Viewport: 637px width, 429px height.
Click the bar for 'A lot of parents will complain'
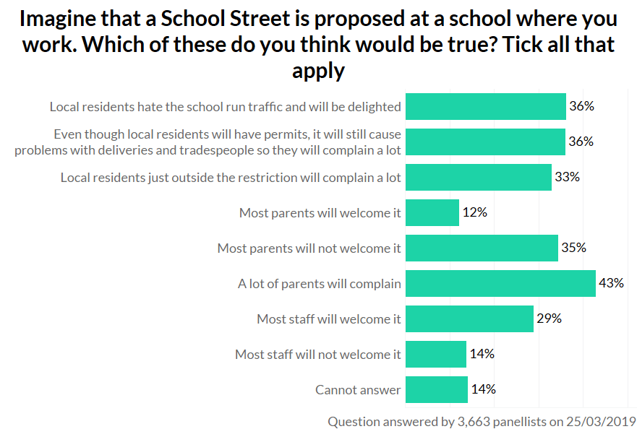pyautogui.click(x=500, y=284)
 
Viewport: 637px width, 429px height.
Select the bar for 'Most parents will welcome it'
pyautogui.click(x=432, y=213)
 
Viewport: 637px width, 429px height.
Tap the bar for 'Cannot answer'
pyautogui.click(x=437, y=390)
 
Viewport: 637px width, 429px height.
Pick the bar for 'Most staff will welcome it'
pyautogui.click(x=469, y=319)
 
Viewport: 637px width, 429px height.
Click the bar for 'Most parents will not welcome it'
pyautogui.click(x=482, y=248)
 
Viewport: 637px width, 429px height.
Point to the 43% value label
pyautogui.click(x=611, y=283)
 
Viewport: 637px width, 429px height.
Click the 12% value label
pyautogui.click(x=475, y=213)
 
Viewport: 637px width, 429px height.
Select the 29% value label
pyautogui.click(x=550, y=318)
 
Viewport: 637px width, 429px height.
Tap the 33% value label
pyautogui.click(x=568, y=177)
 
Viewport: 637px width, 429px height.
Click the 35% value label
pyautogui.click(x=574, y=248)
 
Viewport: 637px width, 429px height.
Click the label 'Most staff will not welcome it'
pyautogui.click(x=317, y=355)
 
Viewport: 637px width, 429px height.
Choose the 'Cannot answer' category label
pyautogui.click(x=358, y=390)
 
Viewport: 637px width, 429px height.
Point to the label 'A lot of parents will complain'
pyautogui.click(x=320, y=284)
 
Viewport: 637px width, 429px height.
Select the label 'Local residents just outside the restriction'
pyautogui.click(x=231, y=178)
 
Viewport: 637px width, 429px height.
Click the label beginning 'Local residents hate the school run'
pyautogui.click(x=225, y=107)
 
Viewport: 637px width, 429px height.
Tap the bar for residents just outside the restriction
pyautogui.click(x=479, y=178)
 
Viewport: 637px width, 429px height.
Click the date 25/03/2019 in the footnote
pyautogui.click(x=597, y=420)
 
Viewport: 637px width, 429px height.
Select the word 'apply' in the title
pyautogui.click(x=318, y=71)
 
